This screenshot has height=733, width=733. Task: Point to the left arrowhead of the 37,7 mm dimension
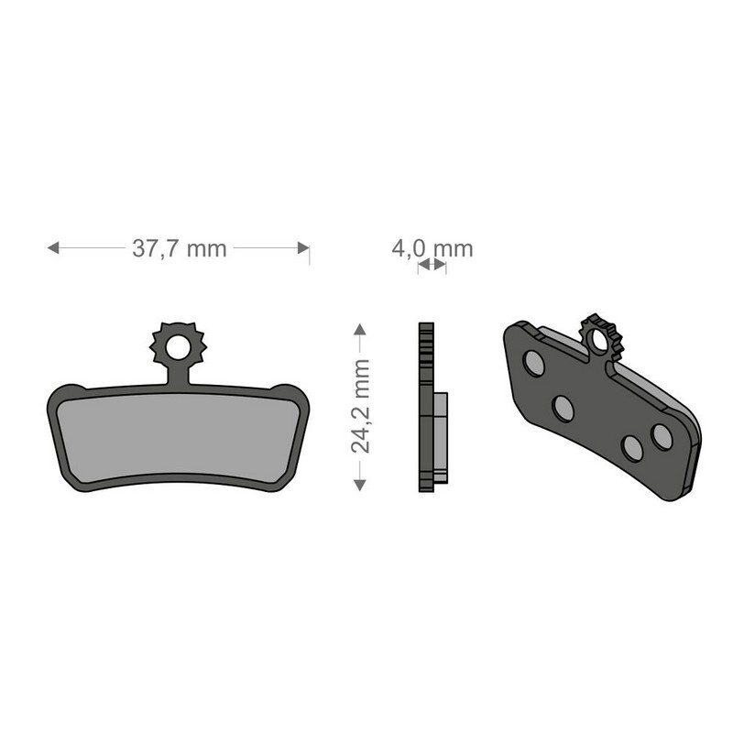pyautogui.click(x=53, y=247)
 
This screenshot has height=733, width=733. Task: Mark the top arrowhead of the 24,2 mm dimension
pyautogui.click(x=360, y=329)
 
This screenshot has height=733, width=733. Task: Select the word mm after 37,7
pyautogui.click(x=206, y=248)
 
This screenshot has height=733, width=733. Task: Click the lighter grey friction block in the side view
pyautogui.click(x=441, y=438)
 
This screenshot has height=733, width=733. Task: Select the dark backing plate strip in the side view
pyautogui.click(x=425, y=408)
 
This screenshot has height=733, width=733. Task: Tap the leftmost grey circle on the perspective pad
pyautogui.click(x=533, y=364)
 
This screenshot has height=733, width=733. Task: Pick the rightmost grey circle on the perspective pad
pyautogui.click(x=662, y=436)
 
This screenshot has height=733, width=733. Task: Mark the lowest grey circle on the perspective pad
pyautogui.click(x=631, y=447)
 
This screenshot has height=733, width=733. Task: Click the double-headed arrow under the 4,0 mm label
pyautogui.click(x=432, y=265)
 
